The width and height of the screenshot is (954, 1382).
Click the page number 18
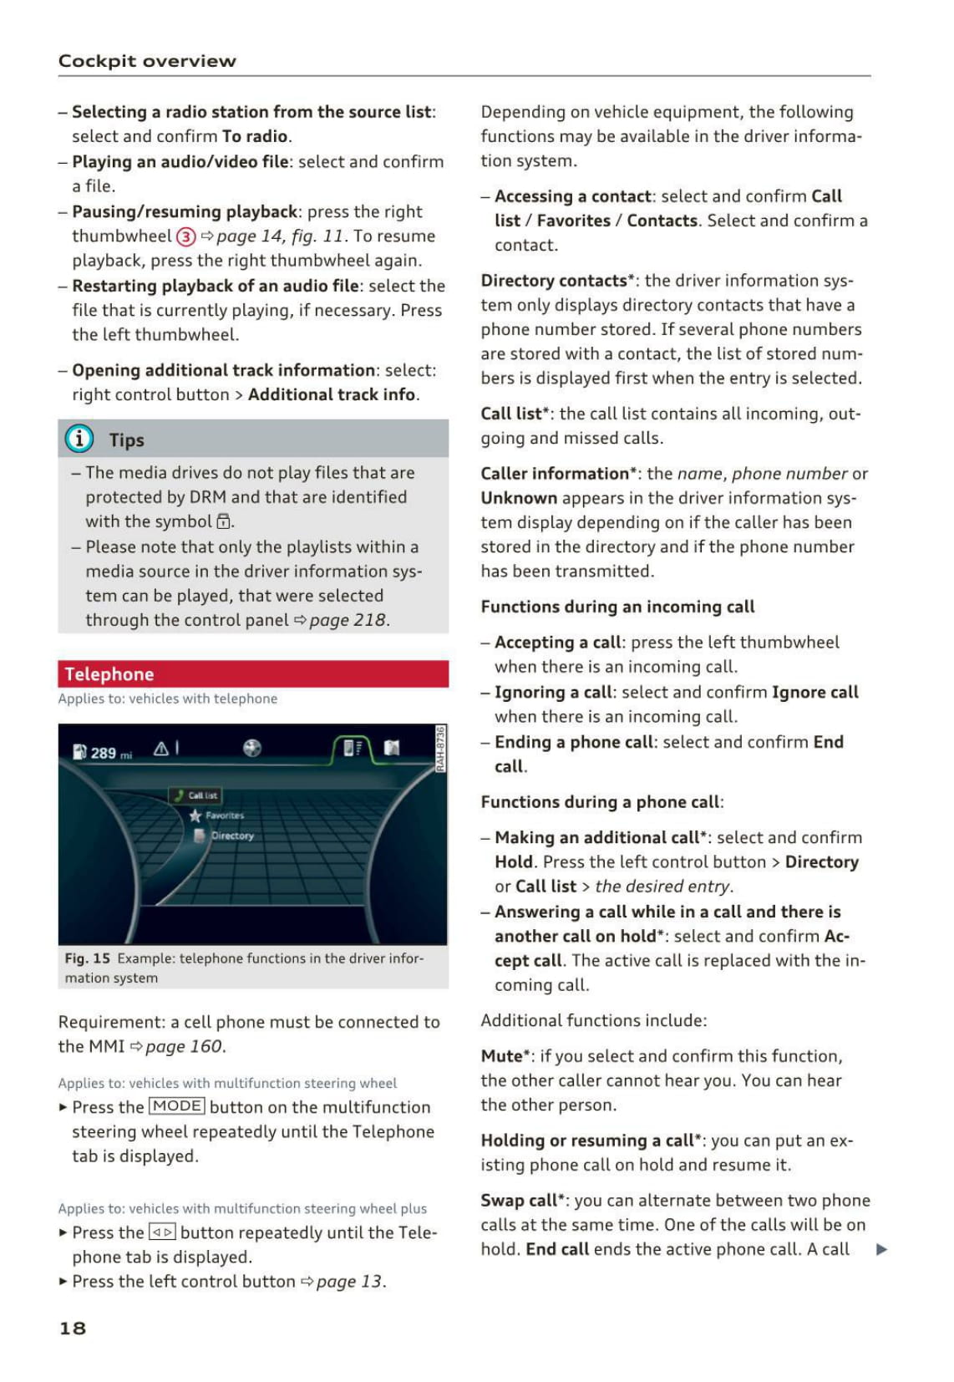[73, 1328]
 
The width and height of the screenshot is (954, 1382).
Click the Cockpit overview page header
[147, 61]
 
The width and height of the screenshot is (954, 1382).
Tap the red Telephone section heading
[109, 674]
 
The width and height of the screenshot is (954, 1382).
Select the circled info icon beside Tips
[79, 439]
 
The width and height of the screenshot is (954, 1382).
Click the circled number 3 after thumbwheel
[185, 236]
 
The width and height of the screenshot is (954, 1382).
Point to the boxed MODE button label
[176, 1106]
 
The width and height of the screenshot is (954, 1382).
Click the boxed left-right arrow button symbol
[162, 1232]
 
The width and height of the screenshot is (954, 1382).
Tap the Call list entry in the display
[201, 795]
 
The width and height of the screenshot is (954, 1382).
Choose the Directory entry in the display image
[231, 836]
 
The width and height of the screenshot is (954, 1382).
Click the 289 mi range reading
[104, 753]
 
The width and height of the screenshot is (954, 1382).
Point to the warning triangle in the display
[161, 749]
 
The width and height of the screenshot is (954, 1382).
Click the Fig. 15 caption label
[88, 958]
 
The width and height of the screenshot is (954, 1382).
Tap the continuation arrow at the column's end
[881, 1250]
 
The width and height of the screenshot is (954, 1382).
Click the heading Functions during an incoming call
[617, 607]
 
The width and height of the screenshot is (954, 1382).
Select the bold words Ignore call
[814, 692]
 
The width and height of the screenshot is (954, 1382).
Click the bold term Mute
[502, 1056]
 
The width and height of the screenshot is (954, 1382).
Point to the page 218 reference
[347, 620]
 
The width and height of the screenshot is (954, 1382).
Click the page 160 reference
[183, 1046]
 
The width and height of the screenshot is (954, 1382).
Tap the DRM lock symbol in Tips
[223, 522]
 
